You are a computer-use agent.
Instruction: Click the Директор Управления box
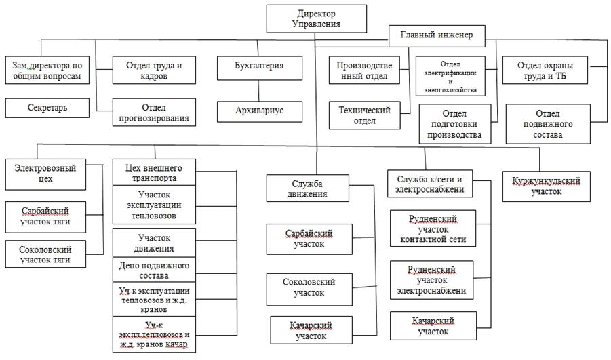(316, 18)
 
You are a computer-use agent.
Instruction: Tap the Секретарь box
(47, 108)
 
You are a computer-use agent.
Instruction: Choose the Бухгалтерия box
(259, 66)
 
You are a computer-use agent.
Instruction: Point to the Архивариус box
(259, 111)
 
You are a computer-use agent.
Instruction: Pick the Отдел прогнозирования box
(154, 113)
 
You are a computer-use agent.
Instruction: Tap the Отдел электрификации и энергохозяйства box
(450, 75)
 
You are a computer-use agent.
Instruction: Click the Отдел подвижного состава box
(548, 125)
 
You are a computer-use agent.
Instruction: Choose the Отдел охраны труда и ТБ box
(545, 71)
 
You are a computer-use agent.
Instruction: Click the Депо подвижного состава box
(153, 270)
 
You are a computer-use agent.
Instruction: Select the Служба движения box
(308, 188)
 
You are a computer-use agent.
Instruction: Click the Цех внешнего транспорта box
(153, 172)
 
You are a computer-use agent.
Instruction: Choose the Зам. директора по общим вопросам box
(47, 71)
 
